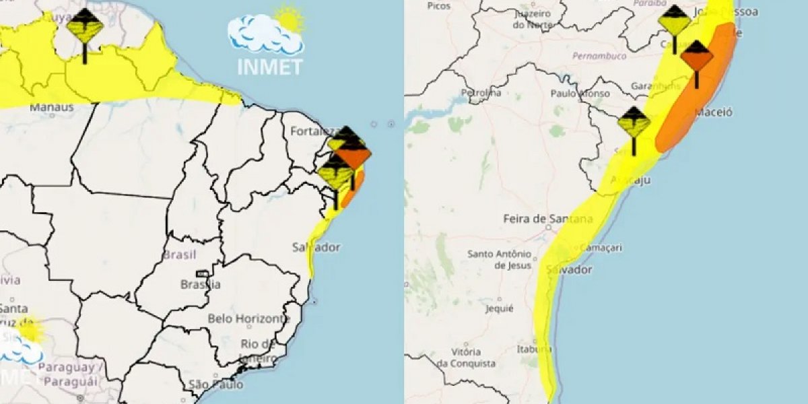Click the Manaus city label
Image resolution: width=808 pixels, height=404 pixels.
[x=51, y=106]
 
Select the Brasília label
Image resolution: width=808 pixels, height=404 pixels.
[x=200, y=284]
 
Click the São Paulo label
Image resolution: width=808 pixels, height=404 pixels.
[x=215, y=384]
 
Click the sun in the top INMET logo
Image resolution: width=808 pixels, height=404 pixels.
[x=290, y=19]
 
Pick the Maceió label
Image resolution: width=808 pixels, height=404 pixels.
[x=714, y=112]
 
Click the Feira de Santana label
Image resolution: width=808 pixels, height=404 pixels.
[x=547, y=219]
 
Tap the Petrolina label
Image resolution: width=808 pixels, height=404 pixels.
[x=481, y=93]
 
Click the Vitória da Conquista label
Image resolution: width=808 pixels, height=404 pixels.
[x=467, y=358]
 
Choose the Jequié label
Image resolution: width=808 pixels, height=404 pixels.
[x=499, y=309]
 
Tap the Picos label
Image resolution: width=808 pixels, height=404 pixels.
[x=438, y=5]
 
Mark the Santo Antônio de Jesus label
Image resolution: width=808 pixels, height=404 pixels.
[x=499, y=259]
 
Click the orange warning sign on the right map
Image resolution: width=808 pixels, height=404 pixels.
[x=696, y=57]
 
